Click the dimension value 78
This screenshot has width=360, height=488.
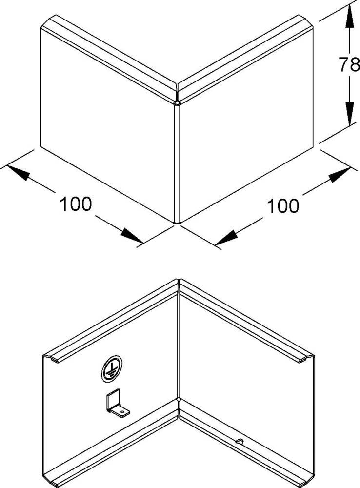point(348,65)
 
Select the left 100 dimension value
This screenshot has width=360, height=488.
point(76,203)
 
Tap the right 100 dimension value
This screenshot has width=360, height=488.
point(282,206)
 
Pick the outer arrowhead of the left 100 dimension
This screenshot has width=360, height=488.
point(18,172)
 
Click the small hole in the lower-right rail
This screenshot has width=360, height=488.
point(239,442)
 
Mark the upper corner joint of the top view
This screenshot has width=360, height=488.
point(177,101)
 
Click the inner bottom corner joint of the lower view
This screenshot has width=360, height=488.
point(179,401)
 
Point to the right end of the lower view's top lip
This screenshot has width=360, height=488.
point(306,360)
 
